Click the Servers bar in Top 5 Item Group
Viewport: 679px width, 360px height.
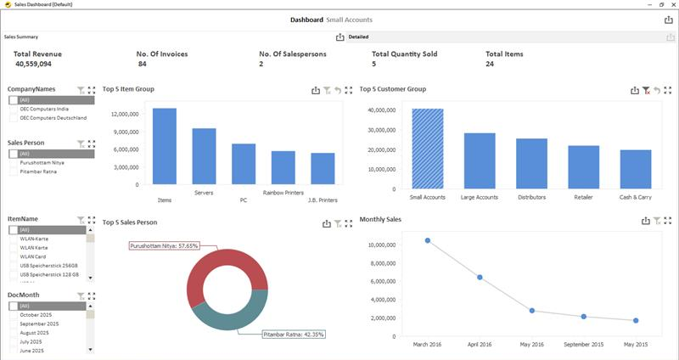pos(204,156)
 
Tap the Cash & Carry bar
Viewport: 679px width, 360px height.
pos(635,169)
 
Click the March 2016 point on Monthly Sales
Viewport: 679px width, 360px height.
pos(428,240)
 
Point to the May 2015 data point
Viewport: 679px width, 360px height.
pos(636,320)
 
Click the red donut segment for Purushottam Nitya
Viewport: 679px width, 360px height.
pos(204,267)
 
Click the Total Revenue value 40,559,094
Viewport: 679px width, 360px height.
pos(33,64)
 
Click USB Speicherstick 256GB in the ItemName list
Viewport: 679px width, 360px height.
pos(49,266)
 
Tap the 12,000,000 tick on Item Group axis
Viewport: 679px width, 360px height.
pos(125,114)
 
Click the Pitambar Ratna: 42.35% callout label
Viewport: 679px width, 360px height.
pos(294,334)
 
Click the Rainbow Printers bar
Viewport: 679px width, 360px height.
pos(283,167)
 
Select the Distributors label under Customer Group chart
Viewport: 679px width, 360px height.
pos(531,197)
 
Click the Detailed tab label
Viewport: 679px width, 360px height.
pos(358,37)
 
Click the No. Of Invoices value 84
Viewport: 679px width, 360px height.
pos(142,64)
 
